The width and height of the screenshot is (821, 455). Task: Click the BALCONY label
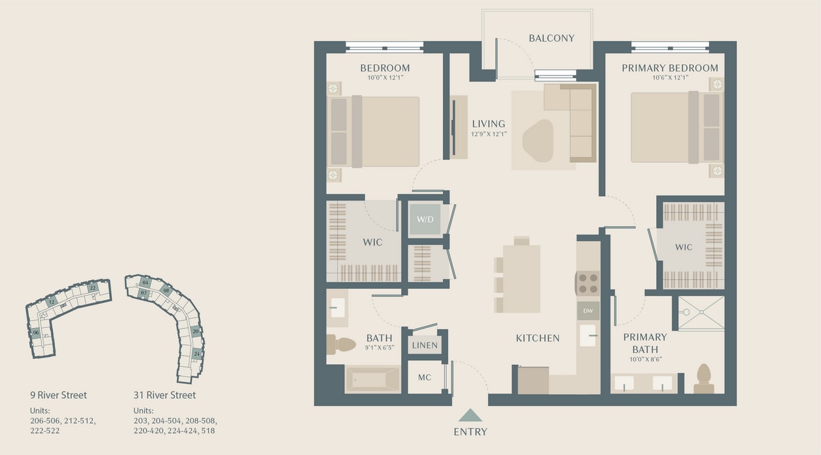551,38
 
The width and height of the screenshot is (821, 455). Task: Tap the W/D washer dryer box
424,219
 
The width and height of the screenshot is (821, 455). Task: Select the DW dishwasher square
587,310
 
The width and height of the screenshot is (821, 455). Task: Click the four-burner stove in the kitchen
588,283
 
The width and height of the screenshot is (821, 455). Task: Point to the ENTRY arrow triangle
471,415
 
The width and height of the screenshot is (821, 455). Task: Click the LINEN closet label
424,345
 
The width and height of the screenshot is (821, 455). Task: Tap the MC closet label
424,378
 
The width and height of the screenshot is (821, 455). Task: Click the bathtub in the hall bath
372,380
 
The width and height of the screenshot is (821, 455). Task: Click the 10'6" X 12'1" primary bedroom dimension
669,77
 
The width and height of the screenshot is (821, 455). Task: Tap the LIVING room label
489,124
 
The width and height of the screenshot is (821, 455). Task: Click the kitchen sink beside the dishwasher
588,335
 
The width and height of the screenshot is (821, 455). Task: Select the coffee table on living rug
538,140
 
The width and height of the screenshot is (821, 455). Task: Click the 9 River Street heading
58,395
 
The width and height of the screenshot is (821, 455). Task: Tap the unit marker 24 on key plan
197,354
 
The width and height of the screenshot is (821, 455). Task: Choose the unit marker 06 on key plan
36,332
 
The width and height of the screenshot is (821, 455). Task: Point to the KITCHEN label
538,338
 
